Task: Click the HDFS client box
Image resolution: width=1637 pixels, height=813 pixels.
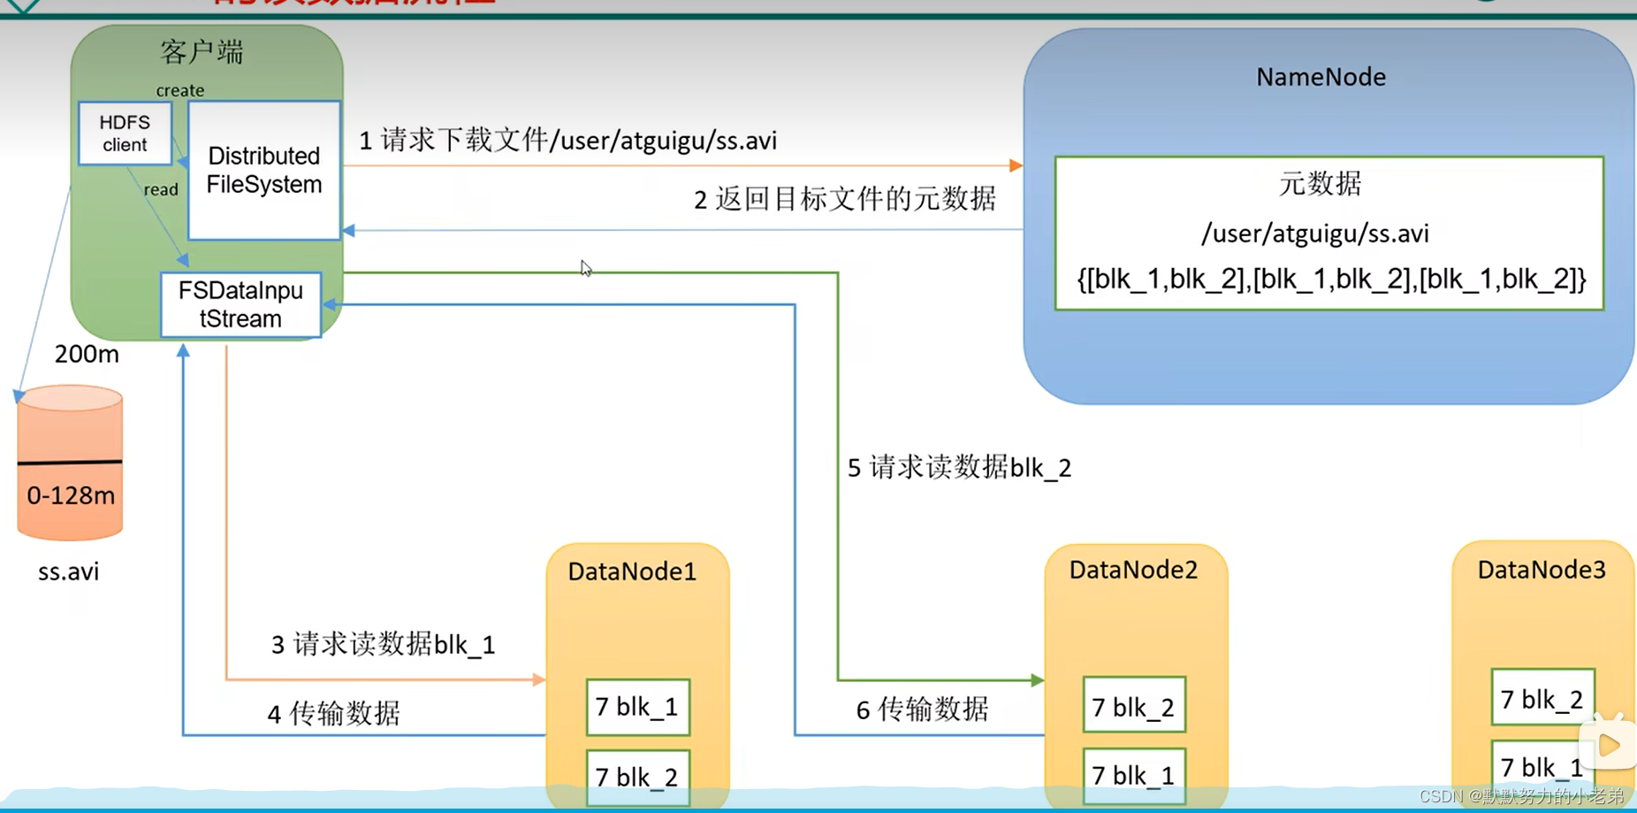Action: click(x=125, y=134)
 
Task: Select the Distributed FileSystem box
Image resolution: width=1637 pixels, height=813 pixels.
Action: click(x=263, y=170)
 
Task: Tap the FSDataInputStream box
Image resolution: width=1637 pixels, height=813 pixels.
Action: click(x=240, y=304)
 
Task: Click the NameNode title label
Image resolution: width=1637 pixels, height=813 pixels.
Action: click(x=1321, y=77)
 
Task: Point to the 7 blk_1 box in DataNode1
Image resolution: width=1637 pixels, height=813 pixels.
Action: click(x=637, y=707)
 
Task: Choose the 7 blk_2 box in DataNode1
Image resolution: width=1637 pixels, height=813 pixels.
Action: click(x=637, y=776)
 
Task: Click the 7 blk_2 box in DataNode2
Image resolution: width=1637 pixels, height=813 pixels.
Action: click(x=1134, y=707)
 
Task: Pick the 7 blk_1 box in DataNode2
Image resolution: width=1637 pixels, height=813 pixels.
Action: click(x=1134, y=775)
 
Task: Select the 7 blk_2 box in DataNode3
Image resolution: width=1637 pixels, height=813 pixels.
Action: click(x=1542, y=699)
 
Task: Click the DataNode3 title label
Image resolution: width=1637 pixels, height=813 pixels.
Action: click(x=1542, y=570)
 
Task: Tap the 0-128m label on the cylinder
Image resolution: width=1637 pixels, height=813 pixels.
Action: click(x=71, y=495)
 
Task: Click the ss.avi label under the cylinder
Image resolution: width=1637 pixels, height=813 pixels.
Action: click(x=69, y=571)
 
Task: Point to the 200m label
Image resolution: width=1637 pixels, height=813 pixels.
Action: click(x=87, y=354)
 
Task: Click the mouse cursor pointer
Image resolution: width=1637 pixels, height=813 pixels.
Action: click(x=585, y=268)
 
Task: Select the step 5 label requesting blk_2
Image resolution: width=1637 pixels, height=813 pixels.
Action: click(x=959, y=467)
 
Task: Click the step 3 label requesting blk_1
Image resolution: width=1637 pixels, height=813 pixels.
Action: click(x=383, y=644)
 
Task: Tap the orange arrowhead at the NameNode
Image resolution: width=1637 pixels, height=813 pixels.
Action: click(x=1016, y=165)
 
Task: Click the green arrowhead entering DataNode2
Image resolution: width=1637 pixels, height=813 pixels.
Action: click(x=1038, y=680)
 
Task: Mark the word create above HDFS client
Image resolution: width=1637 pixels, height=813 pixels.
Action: click(x=180, y=90)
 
